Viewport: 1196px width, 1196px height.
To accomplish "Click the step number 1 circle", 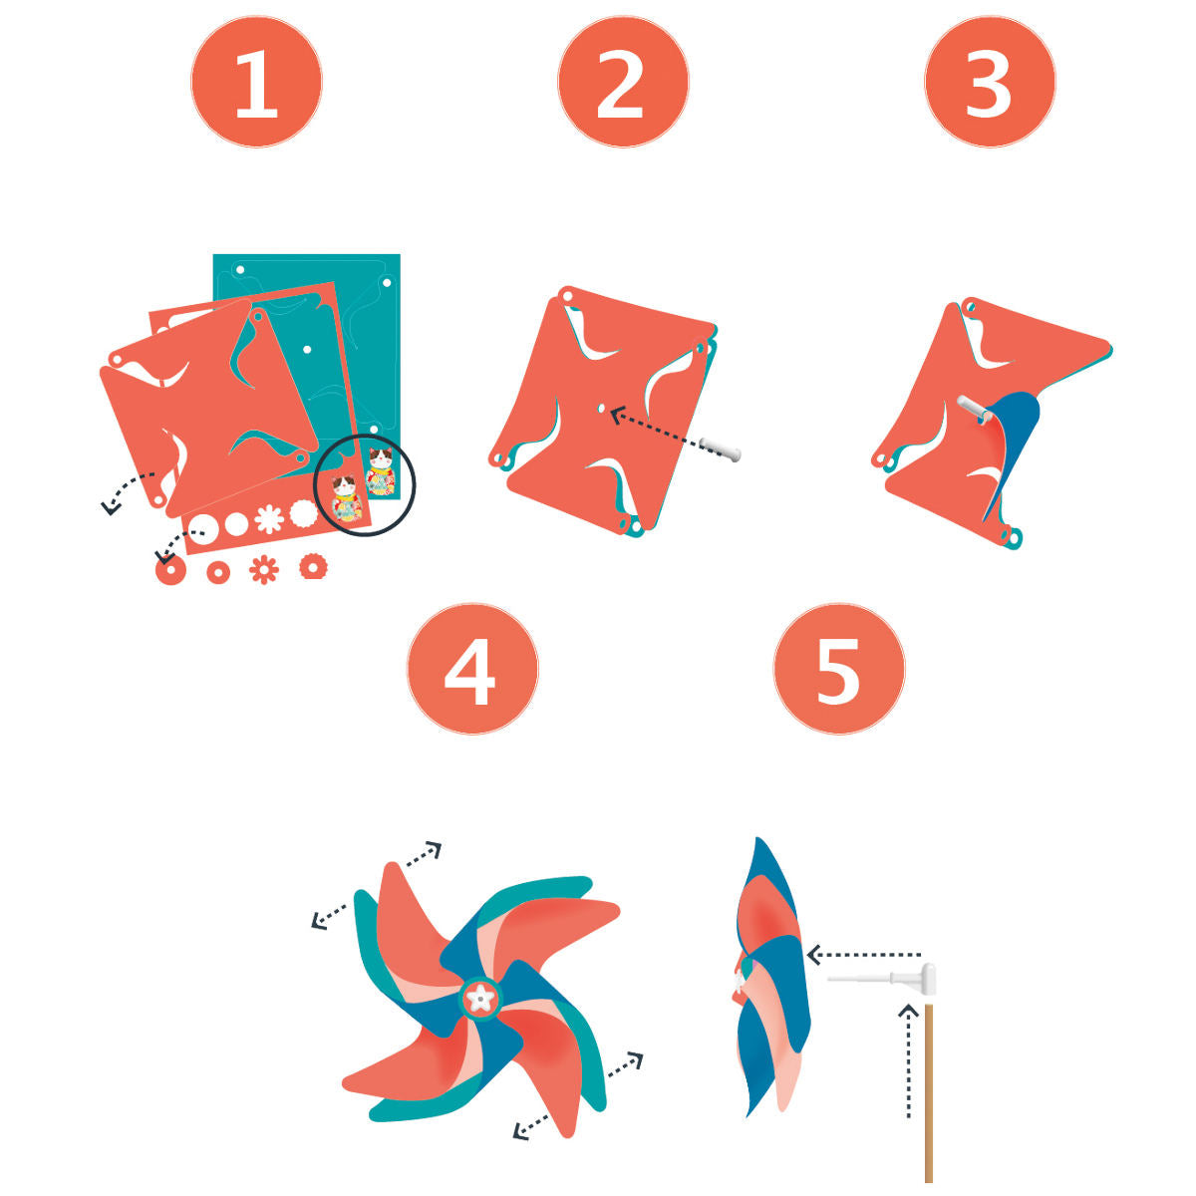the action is click(x=256, y=82).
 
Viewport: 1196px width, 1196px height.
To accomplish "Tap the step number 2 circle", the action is click(x=623, y=82).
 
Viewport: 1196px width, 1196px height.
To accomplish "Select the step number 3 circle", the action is click(x=990, y=82).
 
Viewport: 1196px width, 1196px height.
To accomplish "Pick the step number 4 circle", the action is click(x=471, y=669).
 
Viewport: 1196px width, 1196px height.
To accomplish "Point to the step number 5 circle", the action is click(x=838, y=669).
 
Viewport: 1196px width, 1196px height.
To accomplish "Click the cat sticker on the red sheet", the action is click(x=345, y=497).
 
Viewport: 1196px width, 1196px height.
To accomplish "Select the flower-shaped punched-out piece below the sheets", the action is click(x=264, y=570).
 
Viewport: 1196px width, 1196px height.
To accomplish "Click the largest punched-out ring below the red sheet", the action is click(x=170, y=569).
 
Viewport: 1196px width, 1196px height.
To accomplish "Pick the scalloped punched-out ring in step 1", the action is click(x=313, y=567).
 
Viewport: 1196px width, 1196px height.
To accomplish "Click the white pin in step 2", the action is click(x=720, y=448).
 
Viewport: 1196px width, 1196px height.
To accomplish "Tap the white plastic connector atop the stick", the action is click(x=894, y=979).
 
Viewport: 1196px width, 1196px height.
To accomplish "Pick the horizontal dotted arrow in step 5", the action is click(x=863, y=955).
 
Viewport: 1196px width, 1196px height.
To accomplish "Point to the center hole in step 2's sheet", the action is click(x=601, y=408).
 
